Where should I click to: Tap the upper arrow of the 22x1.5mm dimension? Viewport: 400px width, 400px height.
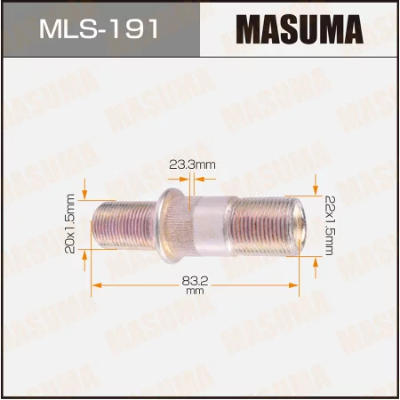point(316,185)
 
